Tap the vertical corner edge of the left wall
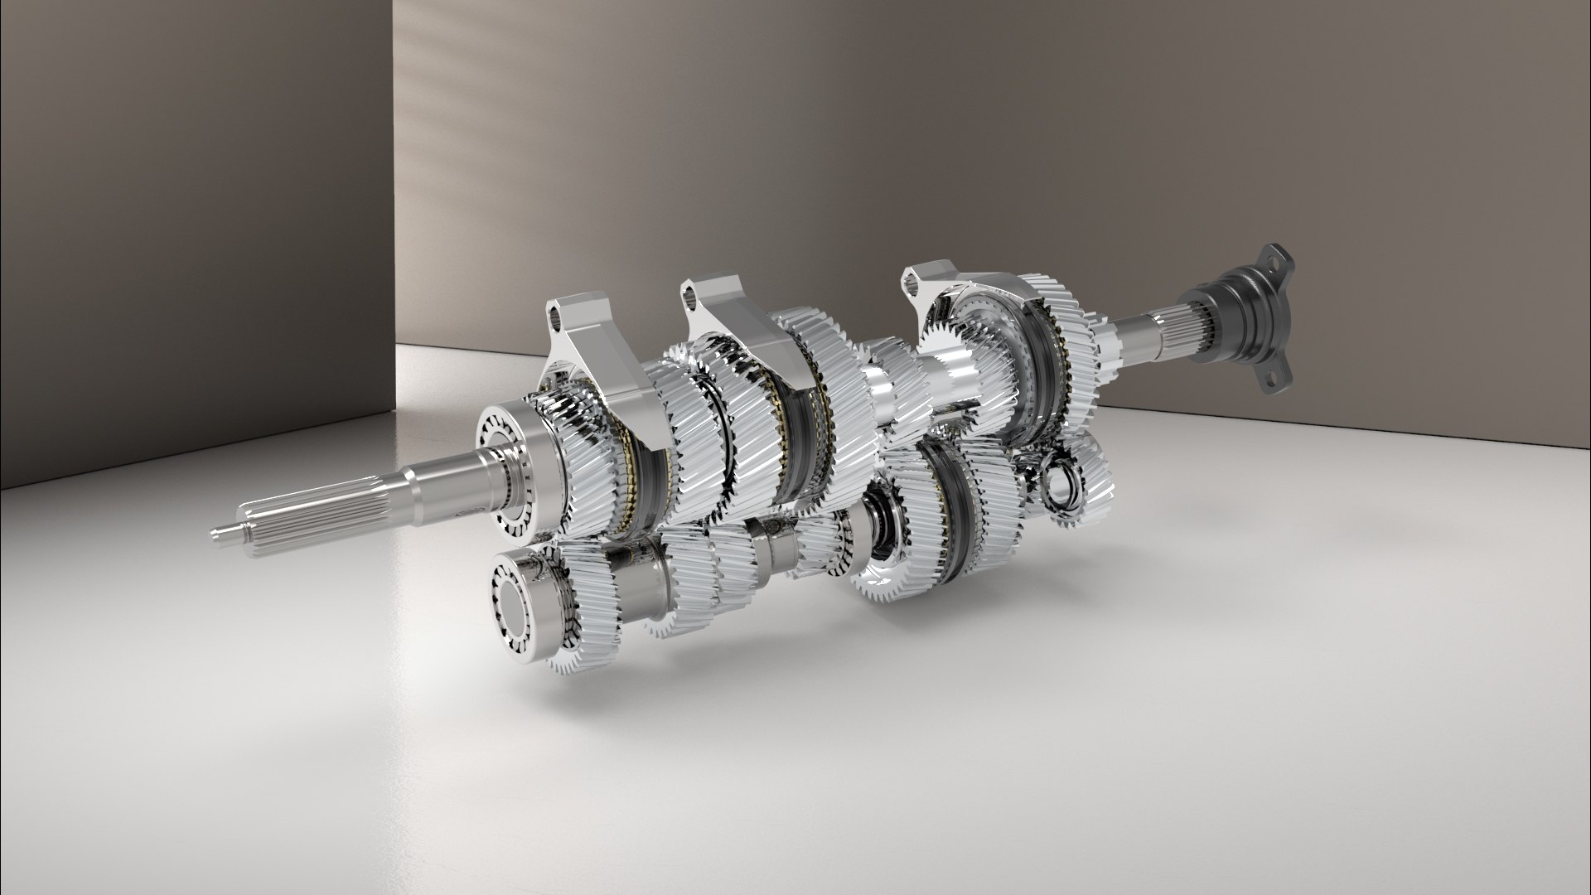[x=395, y=207]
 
